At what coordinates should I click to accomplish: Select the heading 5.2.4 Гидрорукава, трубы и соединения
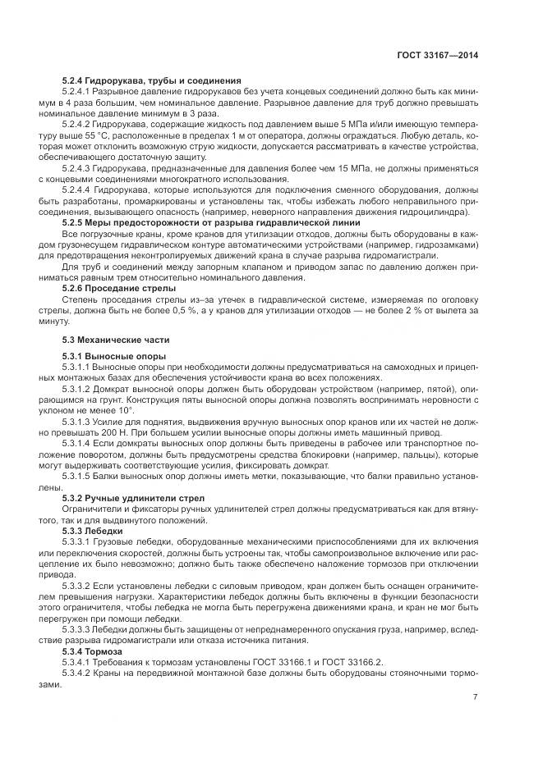(x=151, y=80)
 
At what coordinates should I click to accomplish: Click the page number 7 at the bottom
(x=475, y=697)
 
